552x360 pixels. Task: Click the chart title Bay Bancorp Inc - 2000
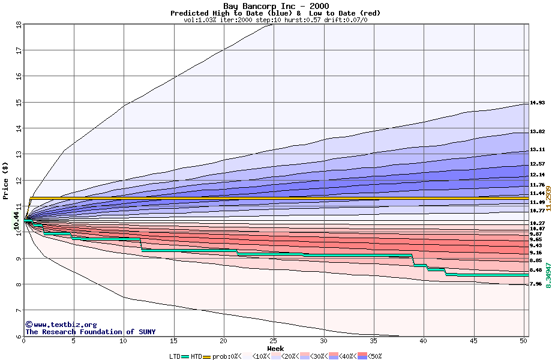pyautogui.click(x=275, y=6)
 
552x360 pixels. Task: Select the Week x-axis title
pyautogui.click(x=275, y=348)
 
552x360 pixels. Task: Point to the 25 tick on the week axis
pyautogui.click(x=274, y=341)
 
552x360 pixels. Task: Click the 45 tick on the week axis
pyautogui.click(x=473, y=341)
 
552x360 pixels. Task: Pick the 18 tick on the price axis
pyautogui.click(x=19, y=25)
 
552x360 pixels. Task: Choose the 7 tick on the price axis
pyautogui.click(x=19, y=310)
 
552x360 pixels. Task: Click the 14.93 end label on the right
pyautogui.click(x=537, y=103)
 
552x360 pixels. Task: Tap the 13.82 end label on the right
pyautogui.click(x=537, y=132)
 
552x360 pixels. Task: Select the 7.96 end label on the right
pyautogui.click(x=537, y=284)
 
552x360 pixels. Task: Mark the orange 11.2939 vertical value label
pyautogui.click(x=548, y=198)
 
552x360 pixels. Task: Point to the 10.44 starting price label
pyautogui.click(x=17, y=220)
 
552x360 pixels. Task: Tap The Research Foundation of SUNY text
pyautogui.click(x=90, y=332)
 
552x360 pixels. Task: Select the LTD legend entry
pyautogui.click(x=175, y=356)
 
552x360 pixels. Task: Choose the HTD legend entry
pyautogui.click(x=196, y=356)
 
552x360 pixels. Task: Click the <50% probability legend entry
pyautogui.click(x=373, y=356)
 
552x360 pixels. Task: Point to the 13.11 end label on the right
pyautogui.click(x=537, y=150)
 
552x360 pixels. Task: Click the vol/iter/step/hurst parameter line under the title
pyautogui.click(x=275, y=20)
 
